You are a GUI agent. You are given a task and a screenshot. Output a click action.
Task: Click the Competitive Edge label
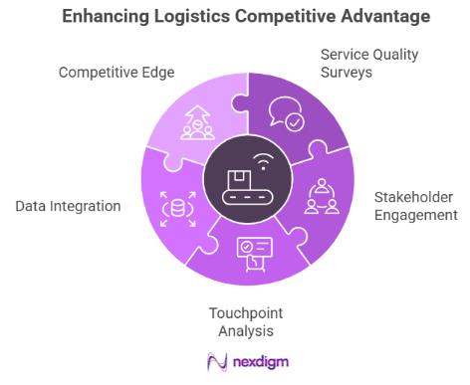click(x=117, y=73)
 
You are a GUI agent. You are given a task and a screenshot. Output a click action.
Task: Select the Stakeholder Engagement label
click(x=414, y=205)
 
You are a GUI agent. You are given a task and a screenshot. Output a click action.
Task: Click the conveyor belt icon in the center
click(x=239, y=183)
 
